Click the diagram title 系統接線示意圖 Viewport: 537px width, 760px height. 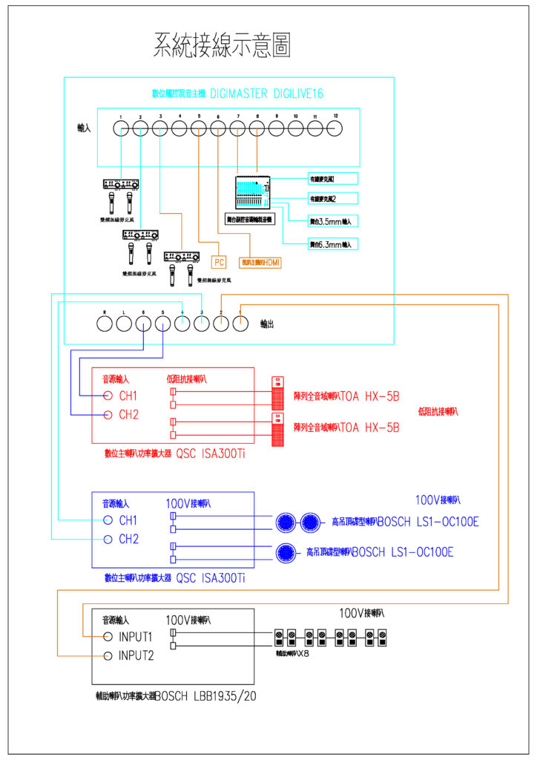tap(221, 45)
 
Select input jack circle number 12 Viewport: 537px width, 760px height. tap(335, 129)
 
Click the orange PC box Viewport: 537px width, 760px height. tap(218, 262)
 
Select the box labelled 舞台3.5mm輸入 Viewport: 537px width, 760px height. tap(333, 220)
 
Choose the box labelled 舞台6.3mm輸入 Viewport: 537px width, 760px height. tap(333, 243)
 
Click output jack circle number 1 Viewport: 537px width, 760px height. tap(240, 323)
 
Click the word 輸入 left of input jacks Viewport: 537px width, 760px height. tap(84, 128)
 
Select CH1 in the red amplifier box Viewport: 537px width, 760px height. tap(128, 395)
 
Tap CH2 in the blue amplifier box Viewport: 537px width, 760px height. tap(128, 540)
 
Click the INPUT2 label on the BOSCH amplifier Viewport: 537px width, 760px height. tap(136, 655)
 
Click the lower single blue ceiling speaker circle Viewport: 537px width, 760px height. tap(287, 552)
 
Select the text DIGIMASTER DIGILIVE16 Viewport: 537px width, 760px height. tap(267, 94)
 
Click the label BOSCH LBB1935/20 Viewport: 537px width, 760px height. tap(206, 696)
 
